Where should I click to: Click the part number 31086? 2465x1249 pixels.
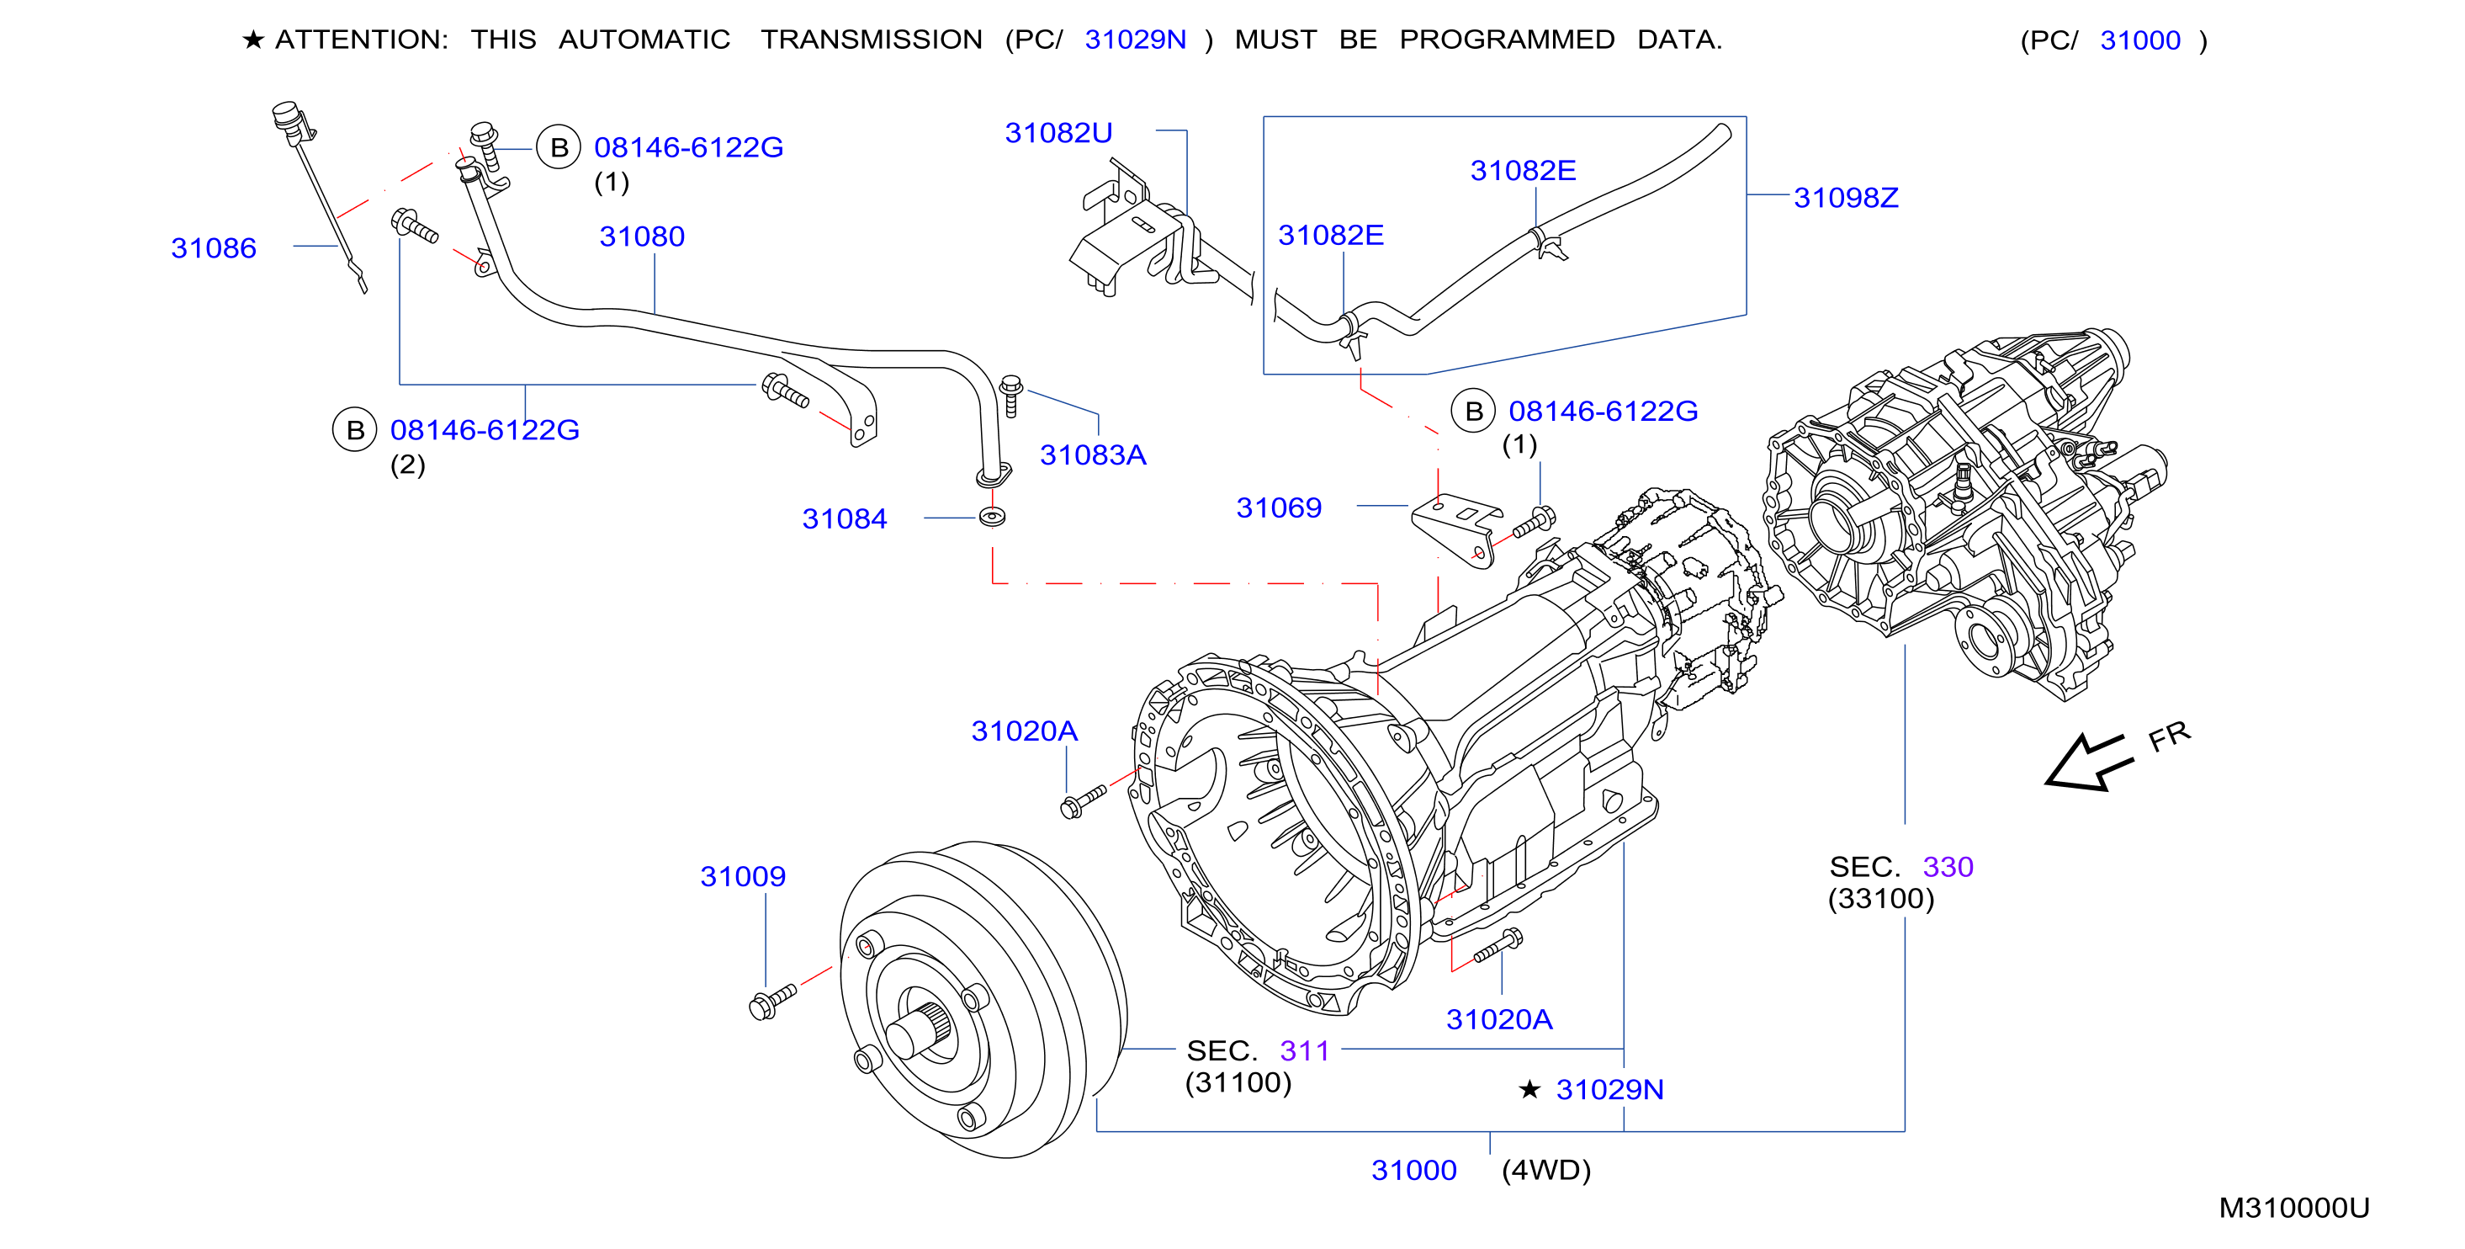(x=214, y=248)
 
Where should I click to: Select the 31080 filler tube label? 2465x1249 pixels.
(x=642, y=237)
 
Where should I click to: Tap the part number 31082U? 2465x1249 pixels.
(x=1058, y=133)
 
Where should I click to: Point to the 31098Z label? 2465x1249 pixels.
(x=1846, y=198)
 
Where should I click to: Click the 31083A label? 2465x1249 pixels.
(x=1093, y=454)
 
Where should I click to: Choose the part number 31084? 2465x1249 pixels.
(x=845, y=518)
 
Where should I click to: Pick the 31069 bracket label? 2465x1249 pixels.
(x=1279, y=508)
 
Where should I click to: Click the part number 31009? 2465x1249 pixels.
(x=743, y=877)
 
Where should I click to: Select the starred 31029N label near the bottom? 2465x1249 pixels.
(x=1592, y=1089)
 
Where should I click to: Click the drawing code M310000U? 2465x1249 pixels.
(x=2293, y=1208)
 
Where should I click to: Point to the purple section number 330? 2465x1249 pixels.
(x=1948, y=867)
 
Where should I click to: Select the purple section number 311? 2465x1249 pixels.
(x=1304, y=1051)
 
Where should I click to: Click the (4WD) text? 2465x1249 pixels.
(x=1546, y=1171)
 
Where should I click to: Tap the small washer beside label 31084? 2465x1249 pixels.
(x=993, y=518)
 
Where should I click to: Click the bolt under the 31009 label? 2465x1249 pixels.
(x=773, y=1001)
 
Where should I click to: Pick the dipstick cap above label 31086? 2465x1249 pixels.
(x=290, y=120)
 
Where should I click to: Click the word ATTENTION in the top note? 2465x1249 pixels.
(x=361, y=40)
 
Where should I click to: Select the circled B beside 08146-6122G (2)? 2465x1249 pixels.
(x=355, y=430)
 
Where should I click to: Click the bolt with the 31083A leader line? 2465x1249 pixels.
(x=1010, y=396)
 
